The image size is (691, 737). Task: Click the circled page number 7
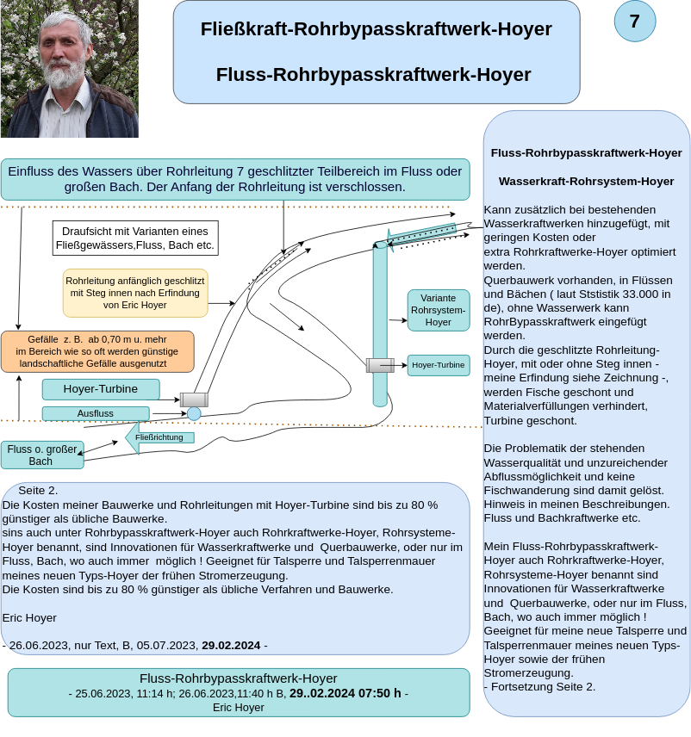(x=635, y=22)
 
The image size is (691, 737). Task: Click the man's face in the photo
(x=66, y=51)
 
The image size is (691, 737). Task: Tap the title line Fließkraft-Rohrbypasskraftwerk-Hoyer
(x=377, y=29)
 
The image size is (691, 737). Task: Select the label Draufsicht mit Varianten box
(x=135, y=238)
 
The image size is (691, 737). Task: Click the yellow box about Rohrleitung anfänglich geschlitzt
(x=135, y=293)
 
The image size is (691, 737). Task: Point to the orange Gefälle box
(x=97, y=351)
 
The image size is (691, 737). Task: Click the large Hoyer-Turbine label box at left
(x=101, y=389)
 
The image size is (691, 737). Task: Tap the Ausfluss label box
(x=96, y=413)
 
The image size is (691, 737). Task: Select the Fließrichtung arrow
(x=159, y=437)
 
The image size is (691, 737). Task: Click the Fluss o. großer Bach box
(x=42, y=455)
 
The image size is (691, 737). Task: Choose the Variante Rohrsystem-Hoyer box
(x=439, y=310)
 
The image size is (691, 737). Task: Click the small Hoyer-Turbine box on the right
(x=439, y=365)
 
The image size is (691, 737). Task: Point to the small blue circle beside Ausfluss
(x=194, y=413)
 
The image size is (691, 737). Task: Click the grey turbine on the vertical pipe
(x=380, y=365)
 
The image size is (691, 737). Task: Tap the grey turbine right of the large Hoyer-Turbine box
(x=194, y=399)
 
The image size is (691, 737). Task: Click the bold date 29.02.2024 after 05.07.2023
(x=231, y=645)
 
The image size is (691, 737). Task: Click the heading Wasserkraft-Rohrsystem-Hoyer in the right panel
(x=586, y=182)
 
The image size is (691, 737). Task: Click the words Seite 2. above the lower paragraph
(x=39, y=491)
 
